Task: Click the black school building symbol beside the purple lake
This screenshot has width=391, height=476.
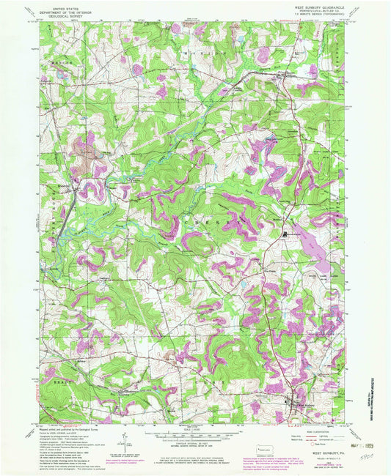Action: (285, 234)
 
